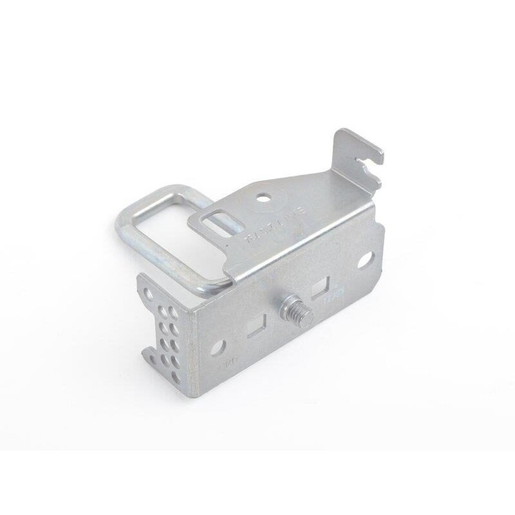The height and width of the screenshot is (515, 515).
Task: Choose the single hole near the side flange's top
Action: [x=149, y=294]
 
